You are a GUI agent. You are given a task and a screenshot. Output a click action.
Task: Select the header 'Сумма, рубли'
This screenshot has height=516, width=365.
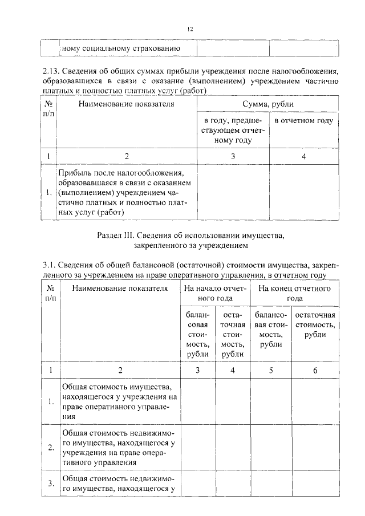[x=268, y=104]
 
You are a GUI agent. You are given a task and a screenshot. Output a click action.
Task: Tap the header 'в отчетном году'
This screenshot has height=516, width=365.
[x=303, y=121]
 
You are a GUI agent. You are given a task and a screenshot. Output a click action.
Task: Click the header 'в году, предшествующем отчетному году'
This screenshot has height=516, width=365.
[x=233, y=131]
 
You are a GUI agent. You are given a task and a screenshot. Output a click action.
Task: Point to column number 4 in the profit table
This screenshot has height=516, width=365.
[x=303, y=156]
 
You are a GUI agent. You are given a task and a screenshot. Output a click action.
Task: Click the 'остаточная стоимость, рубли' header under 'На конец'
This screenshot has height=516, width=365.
[x=315, y=325]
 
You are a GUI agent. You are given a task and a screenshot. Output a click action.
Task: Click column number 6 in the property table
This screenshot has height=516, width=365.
[x=315, y=370]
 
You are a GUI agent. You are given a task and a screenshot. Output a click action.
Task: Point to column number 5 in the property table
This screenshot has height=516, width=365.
[x=271, y=370]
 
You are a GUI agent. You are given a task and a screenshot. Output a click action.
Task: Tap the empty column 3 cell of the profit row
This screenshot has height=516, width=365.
[x=233, y=192]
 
